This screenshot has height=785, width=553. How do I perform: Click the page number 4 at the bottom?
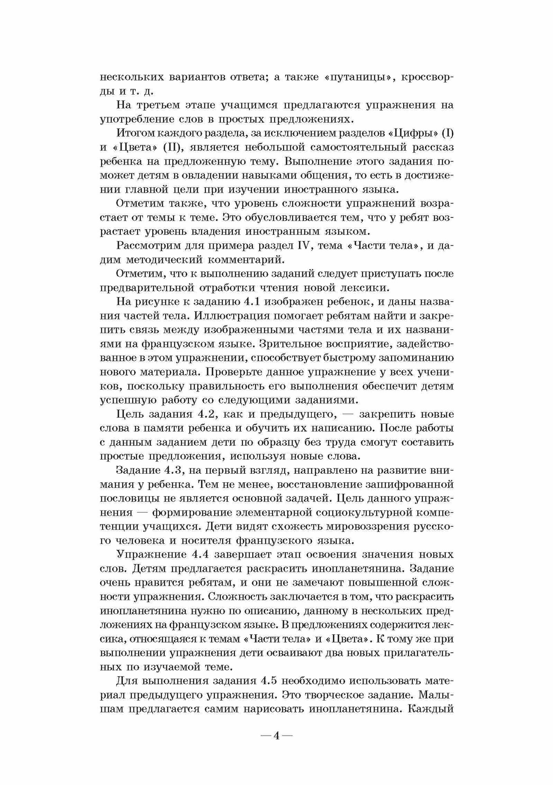[276, 736]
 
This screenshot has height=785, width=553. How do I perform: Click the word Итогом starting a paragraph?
[136, 133]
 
